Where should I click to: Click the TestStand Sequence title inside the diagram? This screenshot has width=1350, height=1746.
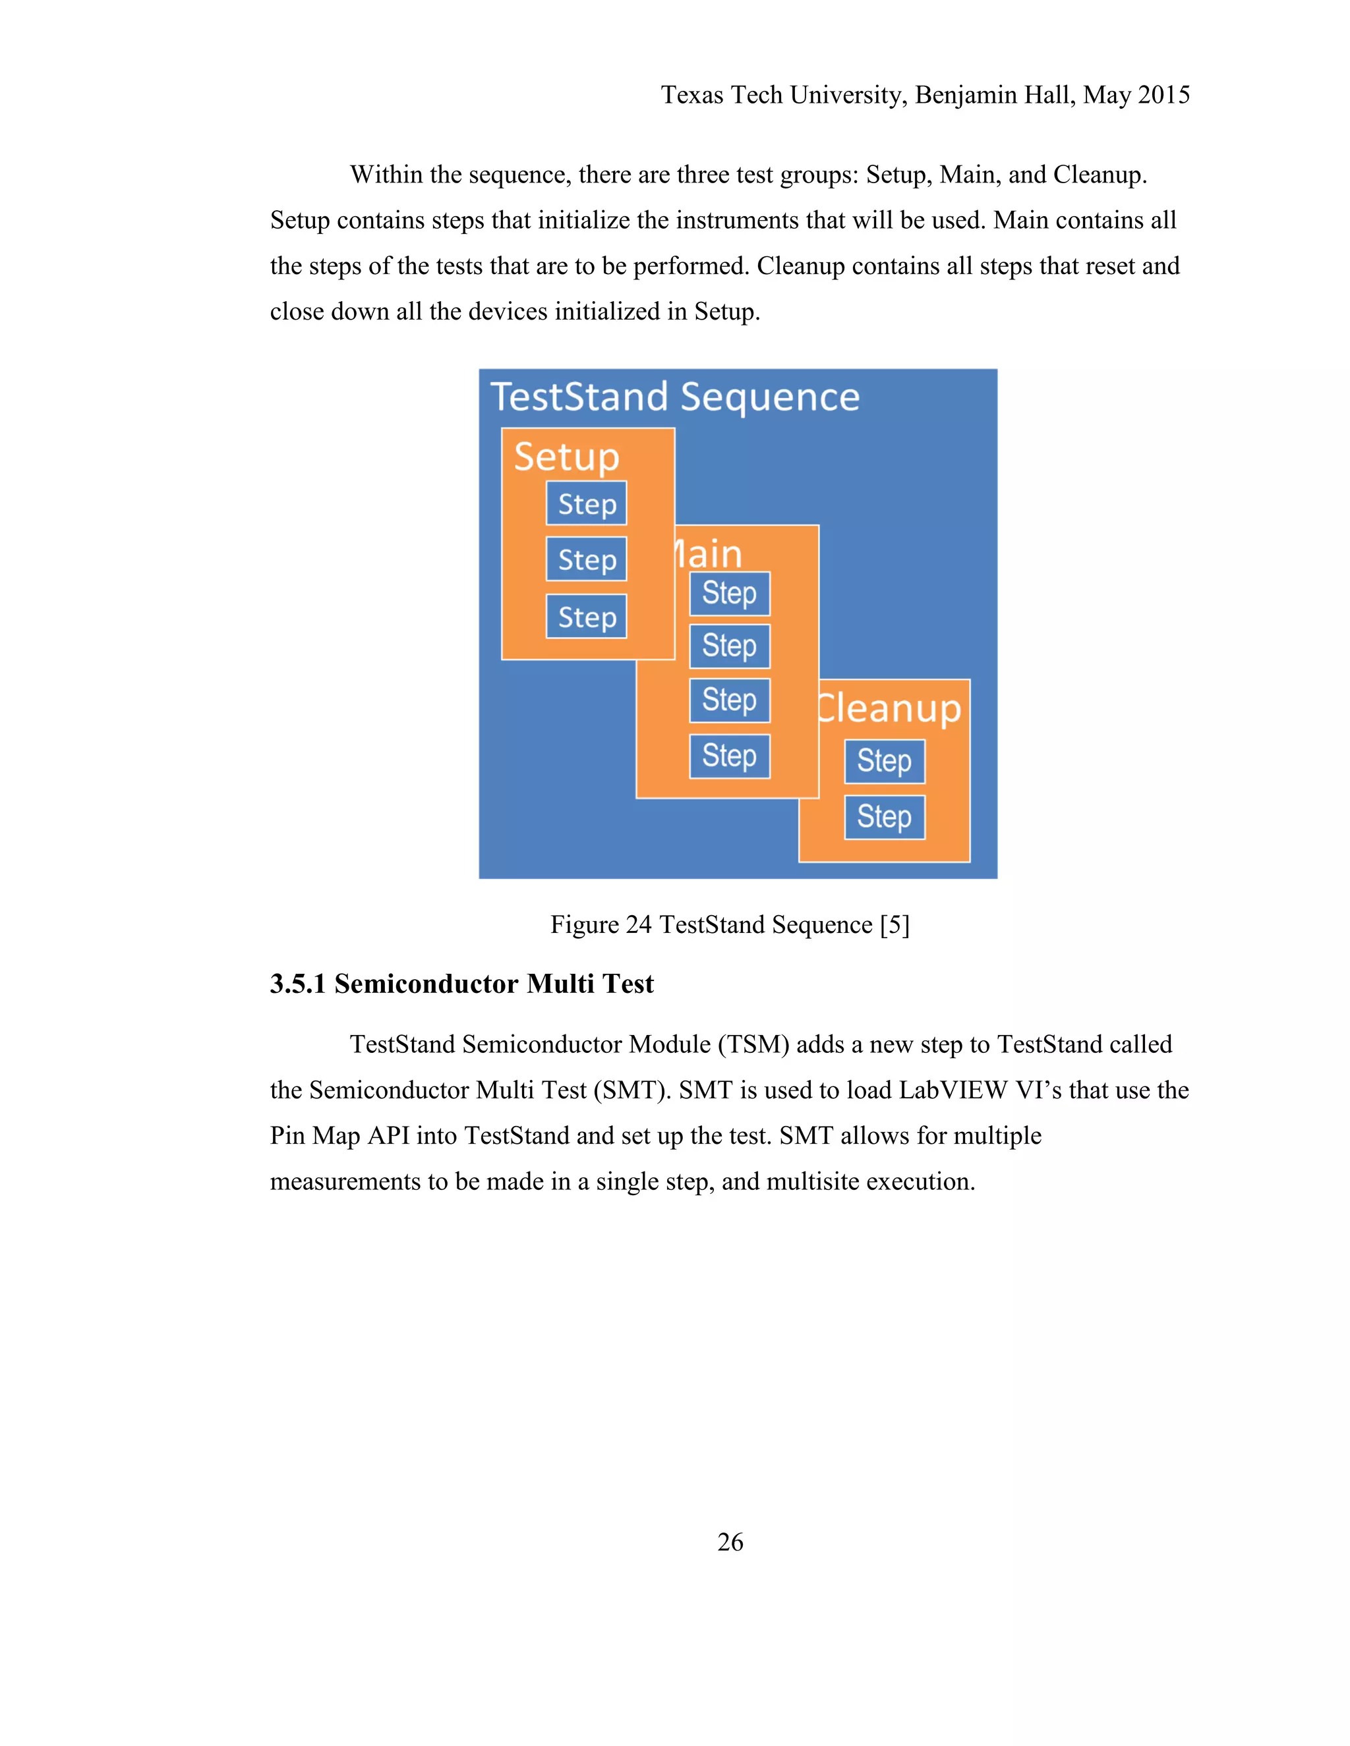[x=674, y=397]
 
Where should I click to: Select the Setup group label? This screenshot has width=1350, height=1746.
[x=566, y=457]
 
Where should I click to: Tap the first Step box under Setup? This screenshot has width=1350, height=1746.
[x=586, y=503]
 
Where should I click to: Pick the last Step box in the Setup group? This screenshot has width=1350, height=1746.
[x=586, y=617]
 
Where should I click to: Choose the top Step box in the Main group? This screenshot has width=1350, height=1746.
[x=730, y=593]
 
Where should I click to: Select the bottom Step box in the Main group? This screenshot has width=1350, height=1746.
[x=730, y=756]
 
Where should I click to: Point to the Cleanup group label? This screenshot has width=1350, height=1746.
[x=890, y=708]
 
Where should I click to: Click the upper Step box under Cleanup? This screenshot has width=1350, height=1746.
[x=885, y=761]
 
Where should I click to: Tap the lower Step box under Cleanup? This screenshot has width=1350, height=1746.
[x=885, y=817]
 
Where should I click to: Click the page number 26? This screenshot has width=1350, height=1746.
[x=730, y=1541]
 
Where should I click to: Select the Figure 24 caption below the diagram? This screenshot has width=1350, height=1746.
[x=730, y=924]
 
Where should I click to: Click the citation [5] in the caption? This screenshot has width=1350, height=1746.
[x=894, y=924]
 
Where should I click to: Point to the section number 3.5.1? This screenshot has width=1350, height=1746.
[x=297, y=983]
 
